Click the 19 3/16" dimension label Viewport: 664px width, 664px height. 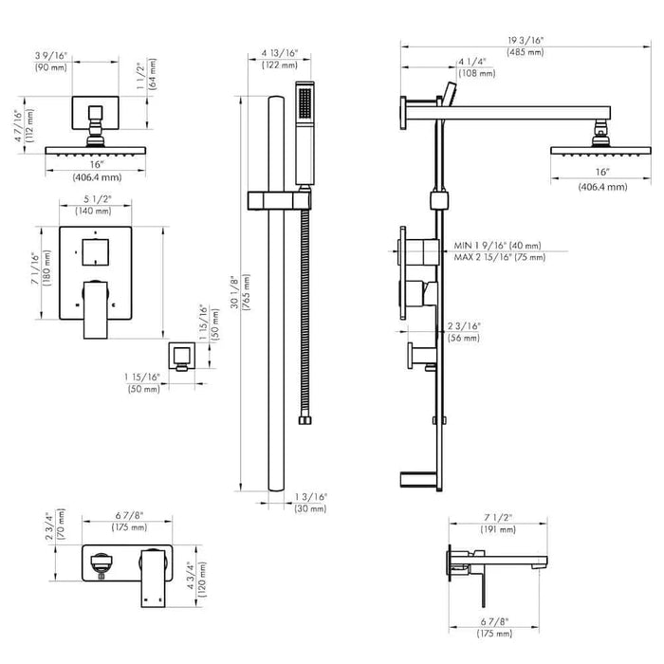tap(526, 41)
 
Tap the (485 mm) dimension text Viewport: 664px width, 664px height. tap(526, 52)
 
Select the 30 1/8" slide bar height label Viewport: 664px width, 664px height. tap(235, 291)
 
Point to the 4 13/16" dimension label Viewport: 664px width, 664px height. tap(280, 53)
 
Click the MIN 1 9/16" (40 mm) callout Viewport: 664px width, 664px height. tap(497, 246)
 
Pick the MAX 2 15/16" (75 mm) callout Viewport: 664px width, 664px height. tap(500, 257)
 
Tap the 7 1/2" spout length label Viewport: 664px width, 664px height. tap(498, 518)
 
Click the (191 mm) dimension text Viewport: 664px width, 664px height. tap(498, 529)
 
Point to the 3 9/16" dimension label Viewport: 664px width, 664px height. tap(51, 55)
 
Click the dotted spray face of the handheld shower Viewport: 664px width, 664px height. tap(304, 102)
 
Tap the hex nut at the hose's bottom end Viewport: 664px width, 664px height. tap(304, 420)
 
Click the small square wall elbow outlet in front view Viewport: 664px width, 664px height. tap(182, 356)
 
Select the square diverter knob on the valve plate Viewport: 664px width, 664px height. tap(95, 252)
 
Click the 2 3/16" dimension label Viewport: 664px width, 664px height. tap(464, 326)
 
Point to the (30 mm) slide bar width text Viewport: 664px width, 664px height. tap(310, 508)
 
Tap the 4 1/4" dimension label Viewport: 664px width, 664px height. tap(471, 62)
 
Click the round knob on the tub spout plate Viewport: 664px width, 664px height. tap(101, 563)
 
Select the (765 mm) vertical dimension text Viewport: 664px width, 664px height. tap(247, 292)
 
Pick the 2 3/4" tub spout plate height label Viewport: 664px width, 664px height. tap(50, 526)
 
